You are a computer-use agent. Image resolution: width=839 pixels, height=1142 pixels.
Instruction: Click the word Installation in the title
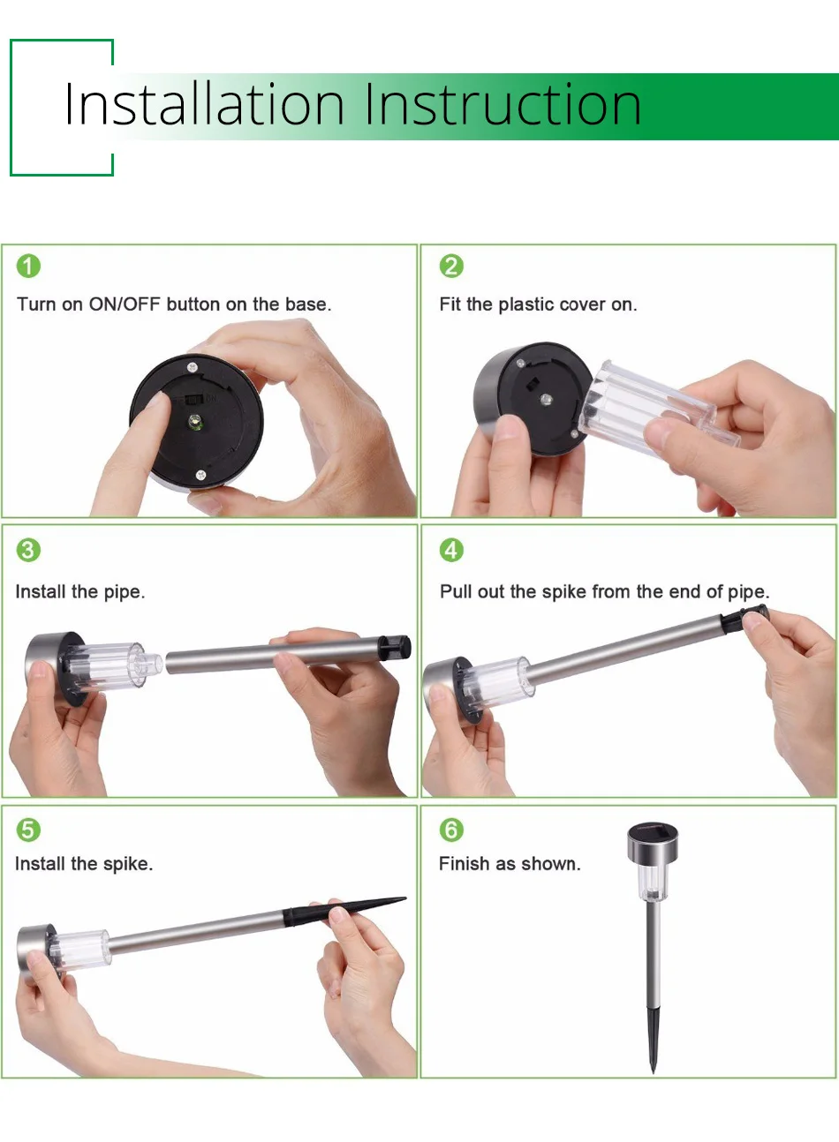pyautogui.click(x=204, y=105)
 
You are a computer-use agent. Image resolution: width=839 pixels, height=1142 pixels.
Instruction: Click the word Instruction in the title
pyautogui.click(x=503, y=105)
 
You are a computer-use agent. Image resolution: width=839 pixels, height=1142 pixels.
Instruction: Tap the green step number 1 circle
pyautogui.click(x=28, y=266)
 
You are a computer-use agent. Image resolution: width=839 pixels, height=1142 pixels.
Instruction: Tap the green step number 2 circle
pyautogui.click(x=451, y=266)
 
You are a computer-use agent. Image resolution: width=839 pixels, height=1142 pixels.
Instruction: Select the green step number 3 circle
pyautogui.click(x=28, y=550)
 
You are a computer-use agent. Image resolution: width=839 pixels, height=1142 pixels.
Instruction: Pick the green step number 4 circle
pyautogui.click(x=451, y=550)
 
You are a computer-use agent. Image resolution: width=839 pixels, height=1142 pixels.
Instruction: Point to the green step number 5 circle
pyautogui.click(x=28, y=830)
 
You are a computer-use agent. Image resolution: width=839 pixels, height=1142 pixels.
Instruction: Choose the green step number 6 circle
pyautogui.click(x=451, y=830)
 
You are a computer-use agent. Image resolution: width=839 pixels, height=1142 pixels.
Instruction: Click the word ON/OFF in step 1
pyautogui.click(x=125, y=304)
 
